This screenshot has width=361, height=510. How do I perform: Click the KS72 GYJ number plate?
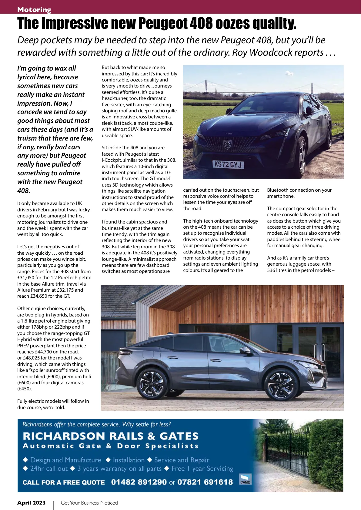tap(228, 164)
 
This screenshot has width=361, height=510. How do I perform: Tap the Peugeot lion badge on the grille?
tap(227, 145)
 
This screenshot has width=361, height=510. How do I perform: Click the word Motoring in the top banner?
tap(34, 10)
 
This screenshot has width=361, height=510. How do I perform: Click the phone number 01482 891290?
tap(139, 482)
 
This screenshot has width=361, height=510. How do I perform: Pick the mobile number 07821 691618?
tap(205, 482)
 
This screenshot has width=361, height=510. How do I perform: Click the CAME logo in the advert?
tap(245, 480)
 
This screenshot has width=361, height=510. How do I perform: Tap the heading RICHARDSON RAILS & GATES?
tap(111, 436)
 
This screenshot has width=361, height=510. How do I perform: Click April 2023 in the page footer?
tap(31, 503)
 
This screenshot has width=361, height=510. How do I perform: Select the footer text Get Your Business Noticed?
tap(89, 503)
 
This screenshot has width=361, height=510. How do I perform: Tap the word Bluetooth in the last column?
tap(278, 190)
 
